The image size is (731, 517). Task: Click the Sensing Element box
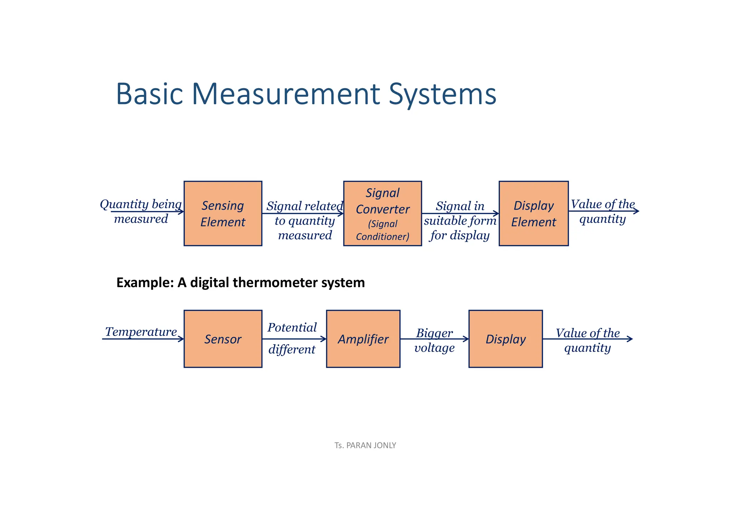[x=223, y=213]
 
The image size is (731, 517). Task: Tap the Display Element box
[x=533, y=213]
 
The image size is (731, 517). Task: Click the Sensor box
[x=223, y=338]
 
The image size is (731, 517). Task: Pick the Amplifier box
[x=363, y=338]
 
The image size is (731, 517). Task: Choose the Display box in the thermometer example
[x=505, y=338]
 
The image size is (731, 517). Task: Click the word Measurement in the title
[x=286, y=94]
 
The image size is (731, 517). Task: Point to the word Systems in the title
[x=442, y=94]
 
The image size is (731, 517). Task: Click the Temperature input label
[x=141, y=332]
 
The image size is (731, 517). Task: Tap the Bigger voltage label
[x=434, y=340]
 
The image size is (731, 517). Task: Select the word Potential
[x=292, y=327]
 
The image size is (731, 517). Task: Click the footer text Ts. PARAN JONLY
[x=365, y=445]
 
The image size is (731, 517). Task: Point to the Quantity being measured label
[x=141, y=211]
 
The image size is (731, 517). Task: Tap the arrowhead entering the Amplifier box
[x=324, y=339]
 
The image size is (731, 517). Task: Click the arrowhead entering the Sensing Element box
[x=181, y=212]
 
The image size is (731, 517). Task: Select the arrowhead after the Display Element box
[x=636, y=211]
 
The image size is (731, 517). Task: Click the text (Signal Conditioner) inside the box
[x=382, y=230]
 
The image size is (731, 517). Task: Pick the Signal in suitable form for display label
[x=460, y=221]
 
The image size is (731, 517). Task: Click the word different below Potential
[x=292, y=349]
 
